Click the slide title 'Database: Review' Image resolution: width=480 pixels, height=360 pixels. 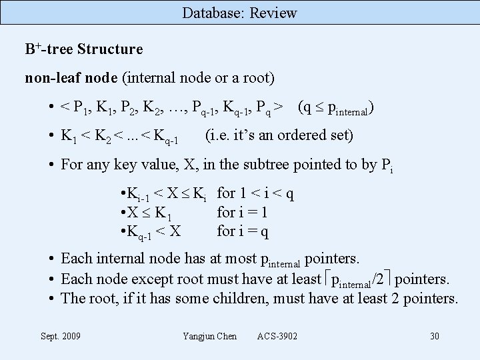pos(239,13)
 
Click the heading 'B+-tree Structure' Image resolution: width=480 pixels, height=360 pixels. pos(83,49)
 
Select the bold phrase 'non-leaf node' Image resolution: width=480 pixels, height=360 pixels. pos(71,78)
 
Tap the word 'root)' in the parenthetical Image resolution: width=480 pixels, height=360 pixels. pos(259,78)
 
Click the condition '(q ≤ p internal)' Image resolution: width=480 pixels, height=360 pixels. pos(335,107)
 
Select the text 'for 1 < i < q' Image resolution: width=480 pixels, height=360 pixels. pos(255,194)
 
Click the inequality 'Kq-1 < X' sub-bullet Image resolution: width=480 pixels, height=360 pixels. pos(151,232)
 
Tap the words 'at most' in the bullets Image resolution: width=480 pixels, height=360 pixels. pos(217,258)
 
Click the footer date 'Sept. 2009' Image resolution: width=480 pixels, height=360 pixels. pos(61,336)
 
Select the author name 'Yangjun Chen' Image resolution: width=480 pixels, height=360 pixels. pos(209,336)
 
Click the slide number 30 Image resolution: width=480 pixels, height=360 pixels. pos(434,336)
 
